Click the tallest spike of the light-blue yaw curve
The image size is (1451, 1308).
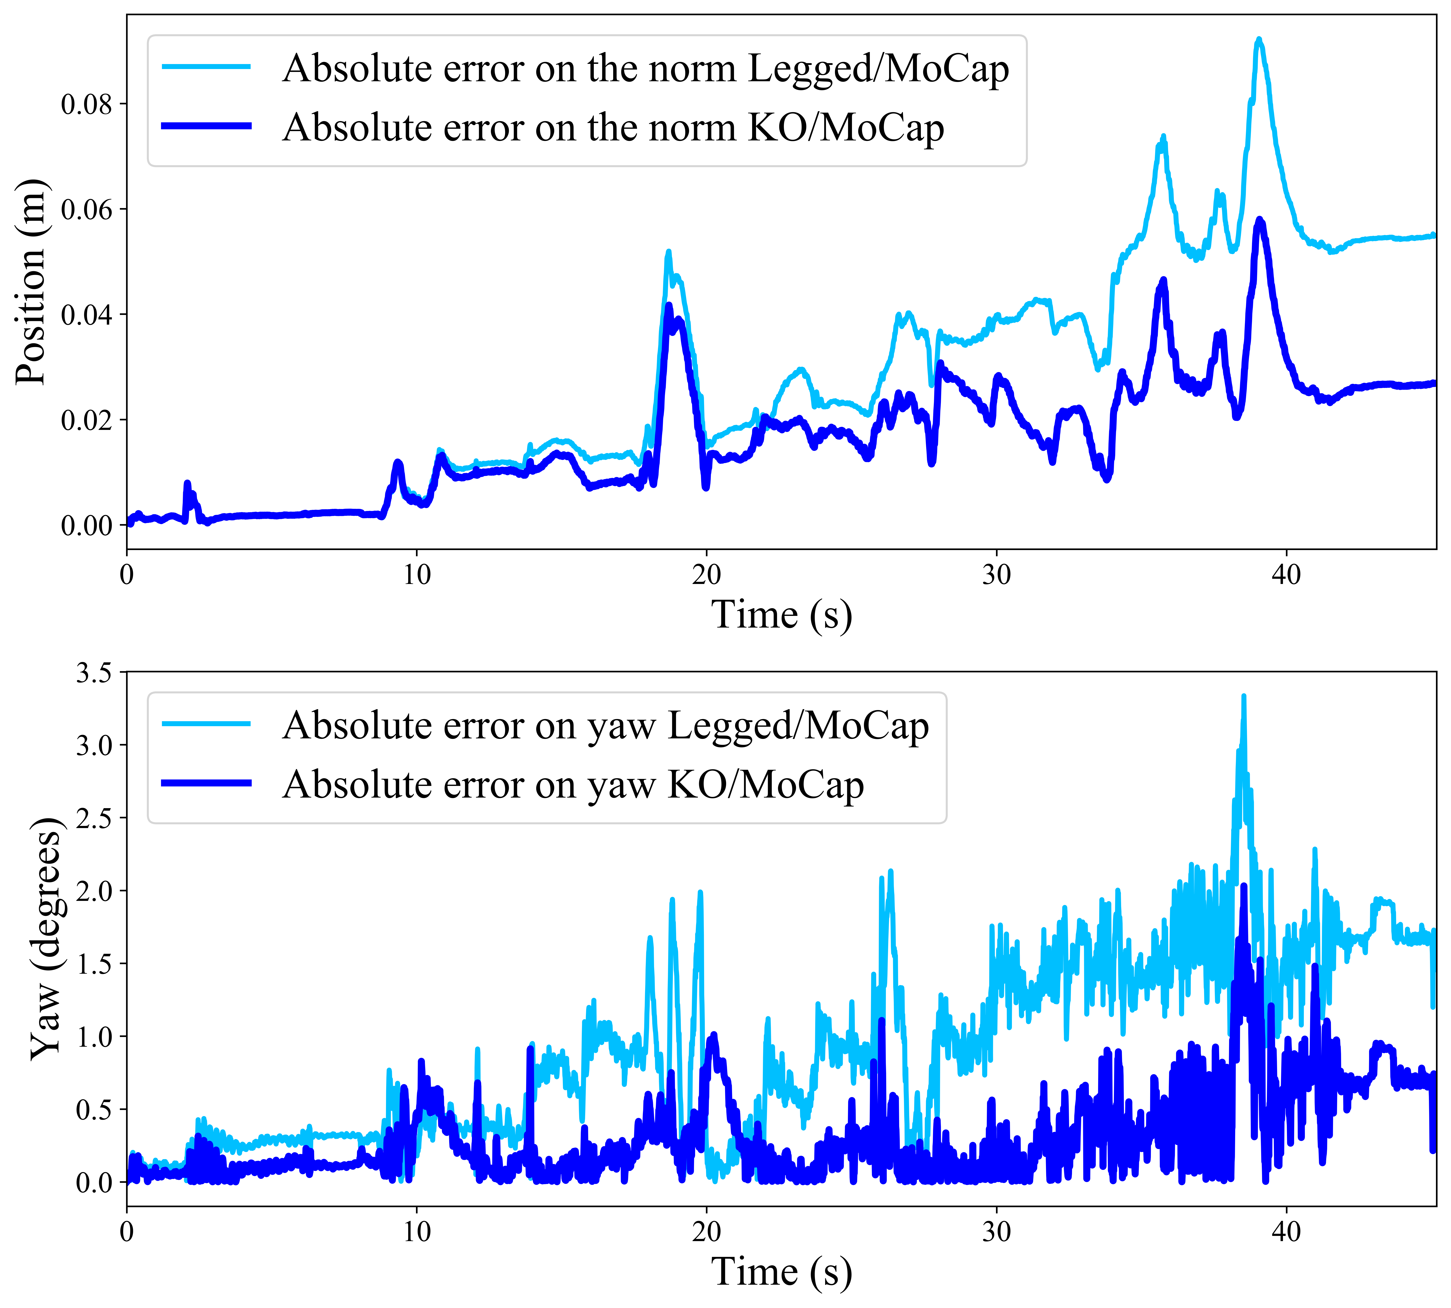(x=1243, y=696)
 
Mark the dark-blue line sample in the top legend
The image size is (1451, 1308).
(x=207, y=126)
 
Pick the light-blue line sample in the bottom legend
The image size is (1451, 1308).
(x=207, y=724)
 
